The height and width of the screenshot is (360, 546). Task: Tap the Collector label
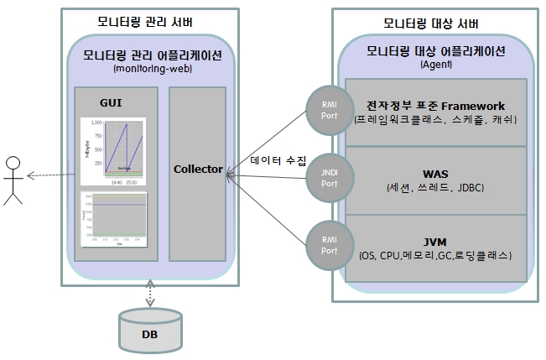[x=198, y=169]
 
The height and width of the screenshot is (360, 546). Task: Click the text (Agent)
[x=435, y=64]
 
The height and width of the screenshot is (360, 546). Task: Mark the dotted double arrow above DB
[x=149, y=295]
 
